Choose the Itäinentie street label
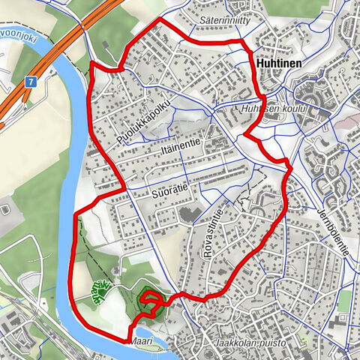coord(180,148)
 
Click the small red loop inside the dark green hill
coord(151,302)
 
